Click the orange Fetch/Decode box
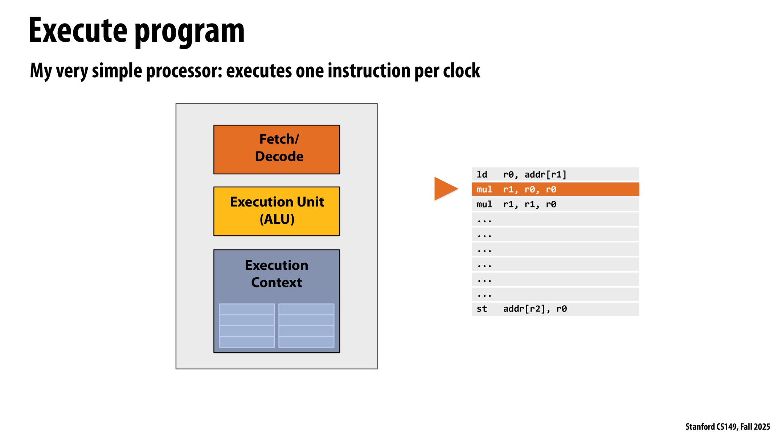(276, 149)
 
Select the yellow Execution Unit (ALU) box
(276, 211)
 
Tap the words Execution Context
(276, 274)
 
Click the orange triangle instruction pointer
(445, 188)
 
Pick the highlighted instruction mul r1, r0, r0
(555, 189)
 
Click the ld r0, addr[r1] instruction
(555, 174)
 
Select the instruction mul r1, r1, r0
(555, 204)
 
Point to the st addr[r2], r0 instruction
(555, 309)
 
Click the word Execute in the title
(78, 31)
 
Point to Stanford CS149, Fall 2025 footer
(727, 427)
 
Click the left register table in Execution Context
(246, 326)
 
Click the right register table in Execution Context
(306, 326)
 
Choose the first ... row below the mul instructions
(555, 220)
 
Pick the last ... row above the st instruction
(555, 294)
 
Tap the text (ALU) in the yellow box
(277, 219)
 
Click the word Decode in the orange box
(279, 157)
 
